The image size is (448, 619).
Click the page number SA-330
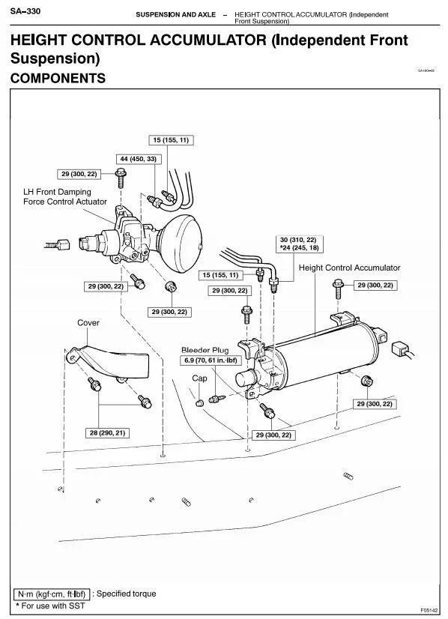25,11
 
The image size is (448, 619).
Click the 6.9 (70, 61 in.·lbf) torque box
211,360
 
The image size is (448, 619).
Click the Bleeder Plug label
205,350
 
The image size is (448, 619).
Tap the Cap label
199,378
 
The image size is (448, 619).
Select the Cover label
88,322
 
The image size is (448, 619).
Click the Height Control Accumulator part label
349,268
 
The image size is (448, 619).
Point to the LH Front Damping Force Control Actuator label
64,196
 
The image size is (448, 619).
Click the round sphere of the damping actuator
181,243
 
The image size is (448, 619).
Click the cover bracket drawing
111,361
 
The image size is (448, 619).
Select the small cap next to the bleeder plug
200,403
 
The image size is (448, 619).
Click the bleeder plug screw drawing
217,399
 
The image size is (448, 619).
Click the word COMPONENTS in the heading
58,78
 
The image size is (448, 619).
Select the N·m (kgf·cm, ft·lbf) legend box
52,594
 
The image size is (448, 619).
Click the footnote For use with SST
49,606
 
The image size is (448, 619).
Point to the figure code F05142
429,610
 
